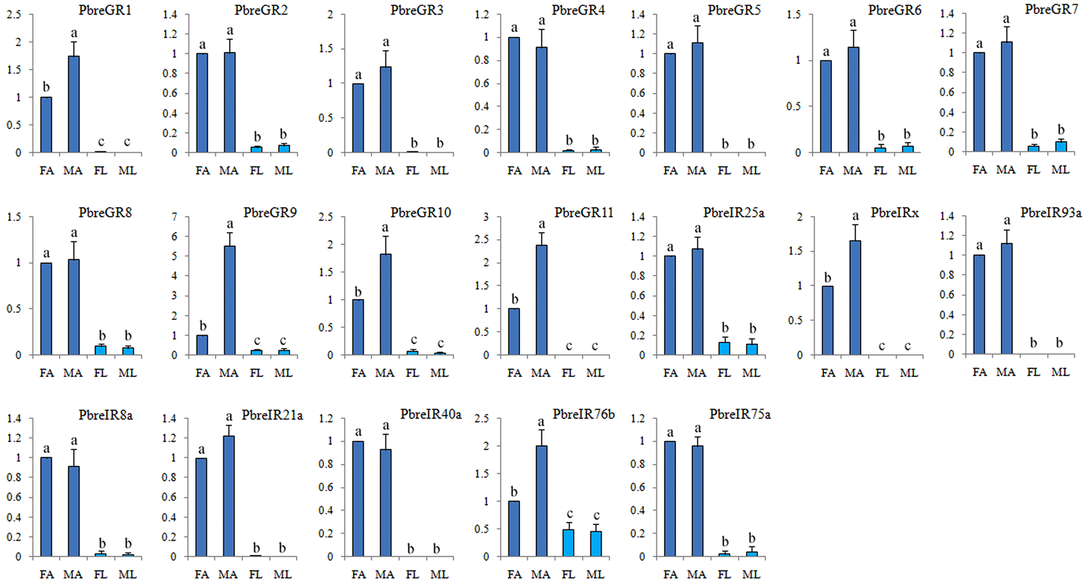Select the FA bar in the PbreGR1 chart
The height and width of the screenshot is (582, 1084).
click(46, 125)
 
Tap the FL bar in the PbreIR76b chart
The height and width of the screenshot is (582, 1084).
click(568, 543)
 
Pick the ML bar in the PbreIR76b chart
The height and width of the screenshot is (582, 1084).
click(596, 544)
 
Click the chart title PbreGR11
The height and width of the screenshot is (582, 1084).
click(583, 213)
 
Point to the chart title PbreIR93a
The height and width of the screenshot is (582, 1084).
click(1050, 213)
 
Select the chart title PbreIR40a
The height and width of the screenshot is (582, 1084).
click(430, 415)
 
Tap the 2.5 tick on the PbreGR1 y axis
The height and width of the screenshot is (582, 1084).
click(14, 15)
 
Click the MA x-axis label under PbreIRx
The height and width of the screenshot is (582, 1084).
click(854, 373)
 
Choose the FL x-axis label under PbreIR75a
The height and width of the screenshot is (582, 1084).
click(724, 574)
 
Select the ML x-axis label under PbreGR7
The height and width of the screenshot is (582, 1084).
click(1060, 170)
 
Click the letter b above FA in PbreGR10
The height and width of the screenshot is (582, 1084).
click(358, 292)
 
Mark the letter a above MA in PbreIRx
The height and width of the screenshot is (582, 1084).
click(855, 216)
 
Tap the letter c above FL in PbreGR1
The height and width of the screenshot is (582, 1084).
click(101, 143)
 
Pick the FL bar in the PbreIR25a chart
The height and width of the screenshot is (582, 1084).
click(724, 348)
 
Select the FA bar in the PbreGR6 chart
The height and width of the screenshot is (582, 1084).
click(826, 106)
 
